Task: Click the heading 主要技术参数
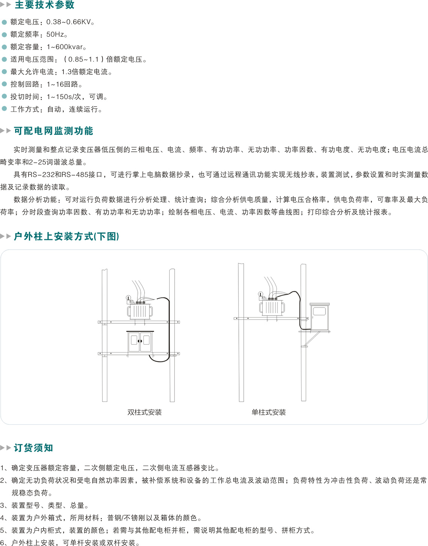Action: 44,5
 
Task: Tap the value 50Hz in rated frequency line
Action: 55,34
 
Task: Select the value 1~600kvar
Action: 65,47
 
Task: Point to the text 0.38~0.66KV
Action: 68,22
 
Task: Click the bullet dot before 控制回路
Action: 4,84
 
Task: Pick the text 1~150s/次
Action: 64,97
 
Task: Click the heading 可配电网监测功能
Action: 53,131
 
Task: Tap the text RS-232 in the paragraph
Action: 41,174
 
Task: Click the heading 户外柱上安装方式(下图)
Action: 66,237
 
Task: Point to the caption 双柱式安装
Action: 145,412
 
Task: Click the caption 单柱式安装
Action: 269,412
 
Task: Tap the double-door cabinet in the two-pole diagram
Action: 140,342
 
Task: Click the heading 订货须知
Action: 33,448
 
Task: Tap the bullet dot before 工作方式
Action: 4,109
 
